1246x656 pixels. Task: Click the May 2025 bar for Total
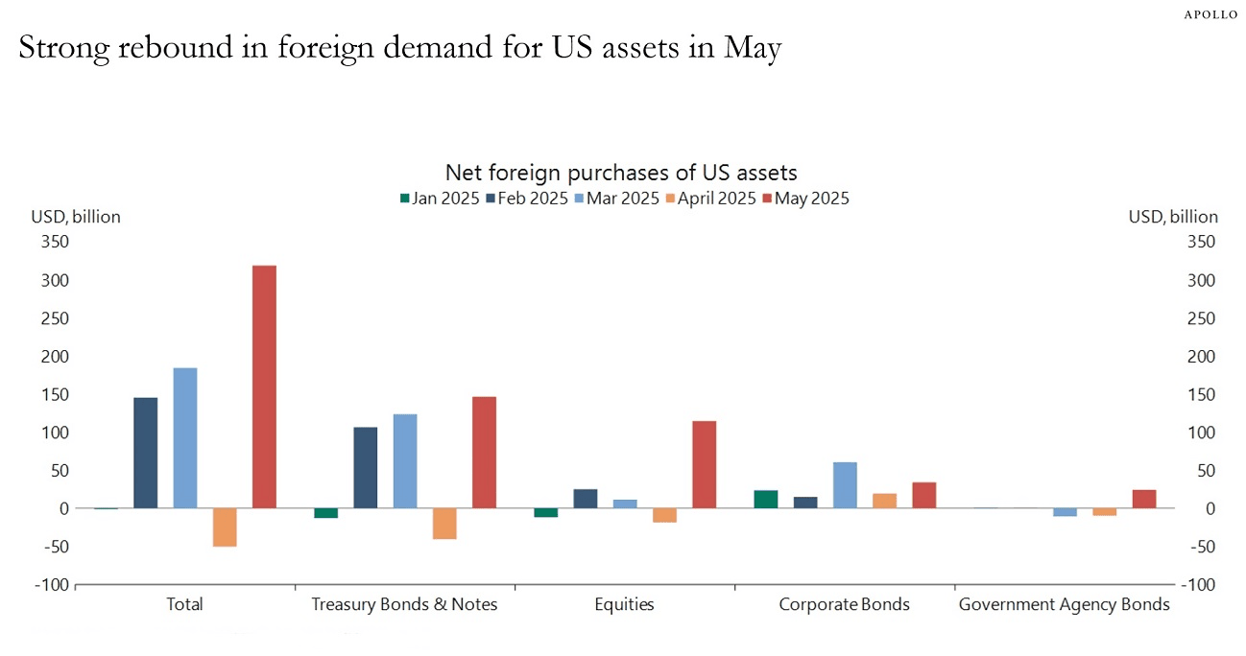click(264, 387)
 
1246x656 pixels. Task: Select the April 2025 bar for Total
click(225, 527)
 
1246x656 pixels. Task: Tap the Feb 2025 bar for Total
click(146, 453)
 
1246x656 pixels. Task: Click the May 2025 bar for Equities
click(704, 464)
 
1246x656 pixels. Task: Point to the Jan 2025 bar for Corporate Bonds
click(766, 500)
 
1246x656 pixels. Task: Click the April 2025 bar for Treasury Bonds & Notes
click(444, 524)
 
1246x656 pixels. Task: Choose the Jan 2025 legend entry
click(439, 199)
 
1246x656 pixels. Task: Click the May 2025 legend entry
click(805, 199)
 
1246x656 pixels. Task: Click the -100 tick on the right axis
click(1200, 585)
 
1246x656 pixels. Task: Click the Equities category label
click(624, 605)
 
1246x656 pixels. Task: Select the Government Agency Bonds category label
click(1065, 605)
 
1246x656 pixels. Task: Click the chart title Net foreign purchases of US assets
click(621, 174)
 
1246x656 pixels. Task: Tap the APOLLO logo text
click(1210, 15)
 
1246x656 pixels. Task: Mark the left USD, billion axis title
click(77, 217)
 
